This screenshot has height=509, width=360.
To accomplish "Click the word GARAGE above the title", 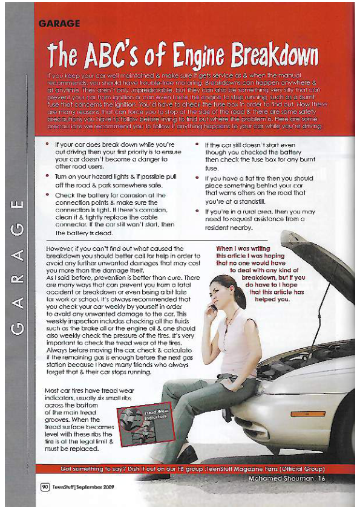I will [x=59, y=24].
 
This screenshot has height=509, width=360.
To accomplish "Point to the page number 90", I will [x=45, y=486].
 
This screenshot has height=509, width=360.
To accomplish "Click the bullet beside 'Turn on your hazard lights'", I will [x=48, y=174].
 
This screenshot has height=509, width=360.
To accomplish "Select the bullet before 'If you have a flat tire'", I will [x=197, y=178].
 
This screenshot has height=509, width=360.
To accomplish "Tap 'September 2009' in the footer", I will [x=95, y=486].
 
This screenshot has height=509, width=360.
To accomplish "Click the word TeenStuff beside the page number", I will [x=63, y=486].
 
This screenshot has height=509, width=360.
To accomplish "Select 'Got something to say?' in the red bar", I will [x=90, y=470].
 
